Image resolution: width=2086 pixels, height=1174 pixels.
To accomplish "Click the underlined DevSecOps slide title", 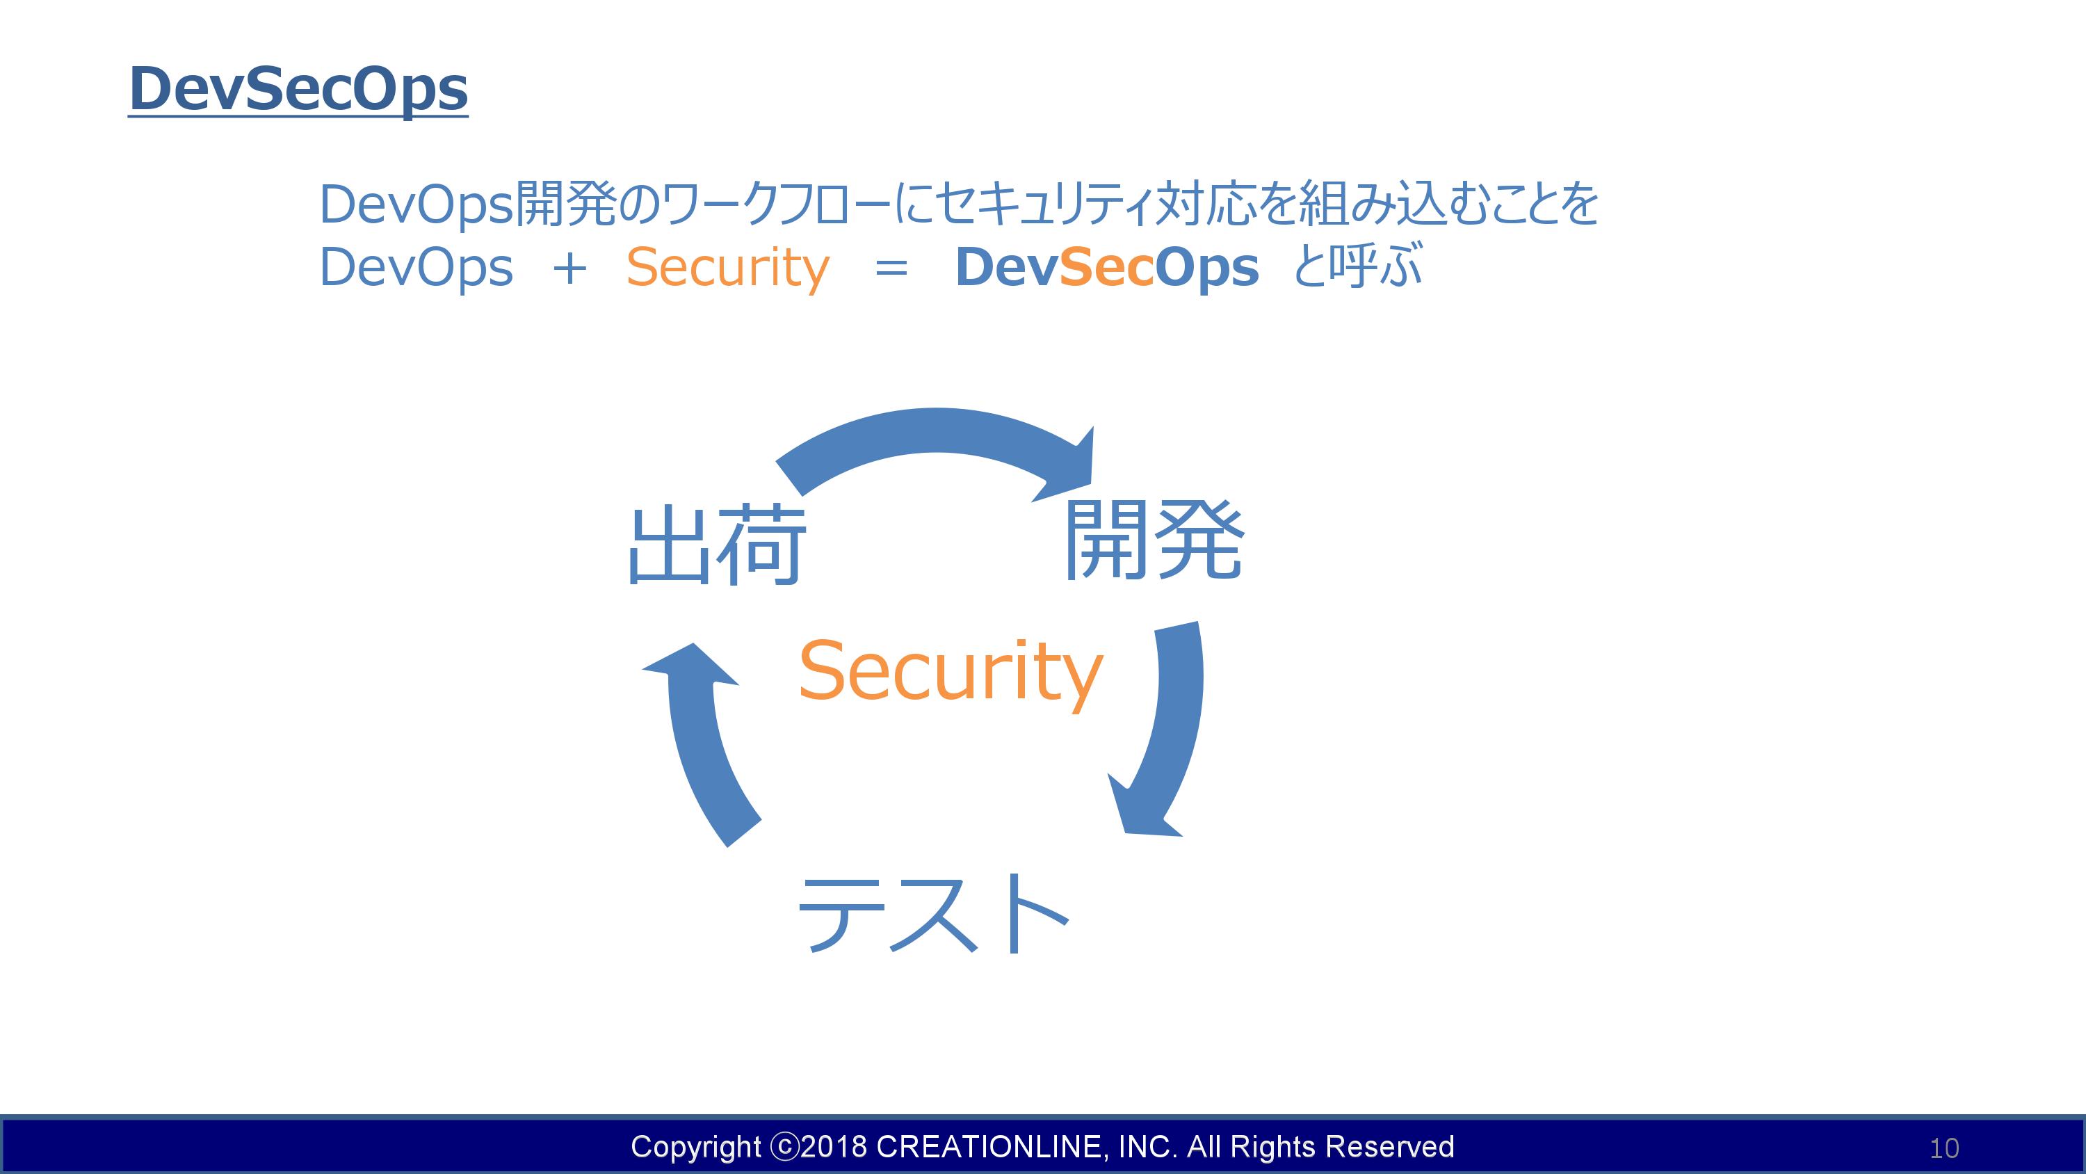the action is click(x=298, y=90).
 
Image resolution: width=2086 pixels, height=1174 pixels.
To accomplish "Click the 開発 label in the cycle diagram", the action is click(x=1153, y=540).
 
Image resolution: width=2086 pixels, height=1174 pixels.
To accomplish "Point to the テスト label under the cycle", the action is click(x=934, y=915).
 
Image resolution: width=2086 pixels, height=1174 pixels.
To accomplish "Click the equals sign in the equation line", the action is click(x=891, y=269).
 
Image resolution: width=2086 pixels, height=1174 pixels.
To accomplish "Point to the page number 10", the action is click(x=1944, y=1148).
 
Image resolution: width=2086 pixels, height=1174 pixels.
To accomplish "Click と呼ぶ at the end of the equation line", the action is click(x=1357, y=266).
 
